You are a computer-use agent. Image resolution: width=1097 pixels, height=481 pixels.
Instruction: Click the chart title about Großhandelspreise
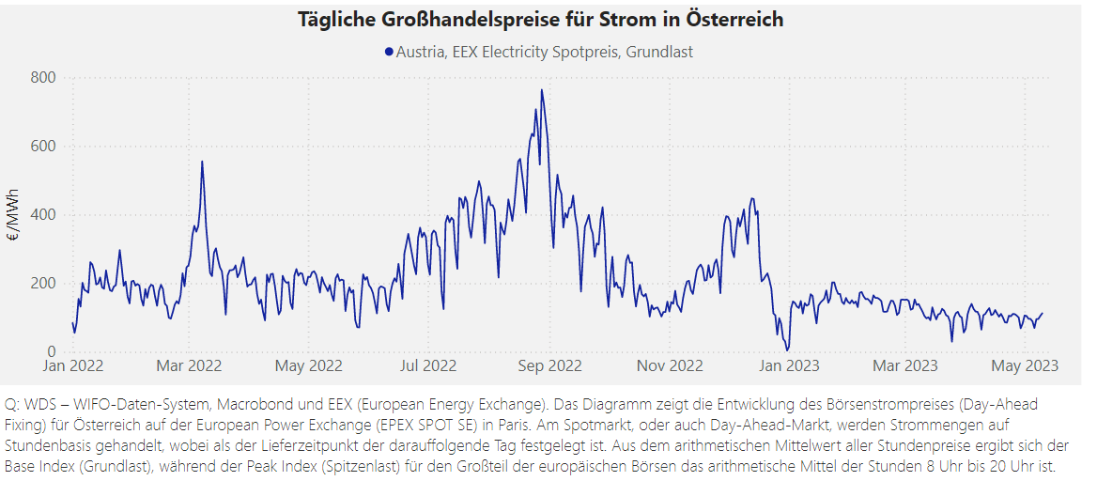[x=540, y=20]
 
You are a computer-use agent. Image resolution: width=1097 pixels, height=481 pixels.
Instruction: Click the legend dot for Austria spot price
[x=389, y=53]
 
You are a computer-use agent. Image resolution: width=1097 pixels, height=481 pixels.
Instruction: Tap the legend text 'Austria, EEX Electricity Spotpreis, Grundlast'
[x=545, y=53]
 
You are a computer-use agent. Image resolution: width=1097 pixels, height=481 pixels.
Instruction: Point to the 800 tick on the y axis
[x=43, y=77]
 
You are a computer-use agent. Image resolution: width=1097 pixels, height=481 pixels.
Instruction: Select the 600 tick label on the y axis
[x=43, y=146]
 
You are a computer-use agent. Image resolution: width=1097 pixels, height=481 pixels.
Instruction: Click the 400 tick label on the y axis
[x=43, y=214]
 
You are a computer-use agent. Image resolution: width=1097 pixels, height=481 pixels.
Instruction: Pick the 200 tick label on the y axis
[x=43, y=283]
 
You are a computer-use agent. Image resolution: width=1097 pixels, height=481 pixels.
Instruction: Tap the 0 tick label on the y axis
[x=52, y=351]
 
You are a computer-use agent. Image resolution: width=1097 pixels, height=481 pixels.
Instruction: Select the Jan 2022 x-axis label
[x=73, y=366]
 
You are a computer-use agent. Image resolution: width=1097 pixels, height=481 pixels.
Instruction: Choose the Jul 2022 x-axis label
[x=428, y=366]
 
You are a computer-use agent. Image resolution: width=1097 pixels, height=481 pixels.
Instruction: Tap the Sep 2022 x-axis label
[x=550, y=366]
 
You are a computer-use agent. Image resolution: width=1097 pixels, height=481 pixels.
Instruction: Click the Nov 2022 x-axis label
[x=671, y=366]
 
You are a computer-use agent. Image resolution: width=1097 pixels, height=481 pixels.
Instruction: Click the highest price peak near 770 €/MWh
[x=542, y=90]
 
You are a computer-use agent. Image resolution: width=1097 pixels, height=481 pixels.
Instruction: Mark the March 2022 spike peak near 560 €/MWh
[x=202, y=162]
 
